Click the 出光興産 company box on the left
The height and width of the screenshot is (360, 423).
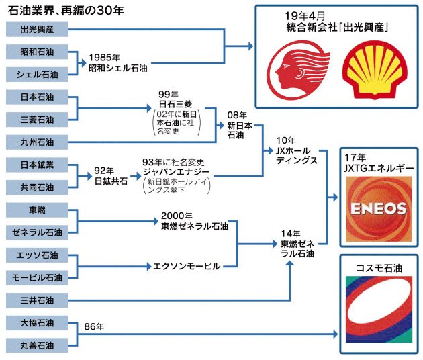(x=37, y=30)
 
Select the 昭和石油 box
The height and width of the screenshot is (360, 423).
(x=37, y=52)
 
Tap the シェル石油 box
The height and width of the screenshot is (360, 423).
(x=37, y=75)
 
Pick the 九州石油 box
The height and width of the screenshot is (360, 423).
(x=37, y=142)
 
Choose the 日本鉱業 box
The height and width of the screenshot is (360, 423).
(x=37, y=165)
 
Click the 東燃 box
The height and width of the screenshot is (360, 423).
(x=37, y=210)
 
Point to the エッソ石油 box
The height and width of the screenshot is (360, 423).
(x=37, y=255)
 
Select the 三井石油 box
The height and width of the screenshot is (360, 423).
(x=37, y=300)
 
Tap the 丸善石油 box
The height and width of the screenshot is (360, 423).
(x=37, y=345)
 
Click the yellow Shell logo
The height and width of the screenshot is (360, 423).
(x=371, y=71)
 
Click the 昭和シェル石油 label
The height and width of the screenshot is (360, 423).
(x=117, y=68)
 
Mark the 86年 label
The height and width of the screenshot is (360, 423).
(x=95, y=327)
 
